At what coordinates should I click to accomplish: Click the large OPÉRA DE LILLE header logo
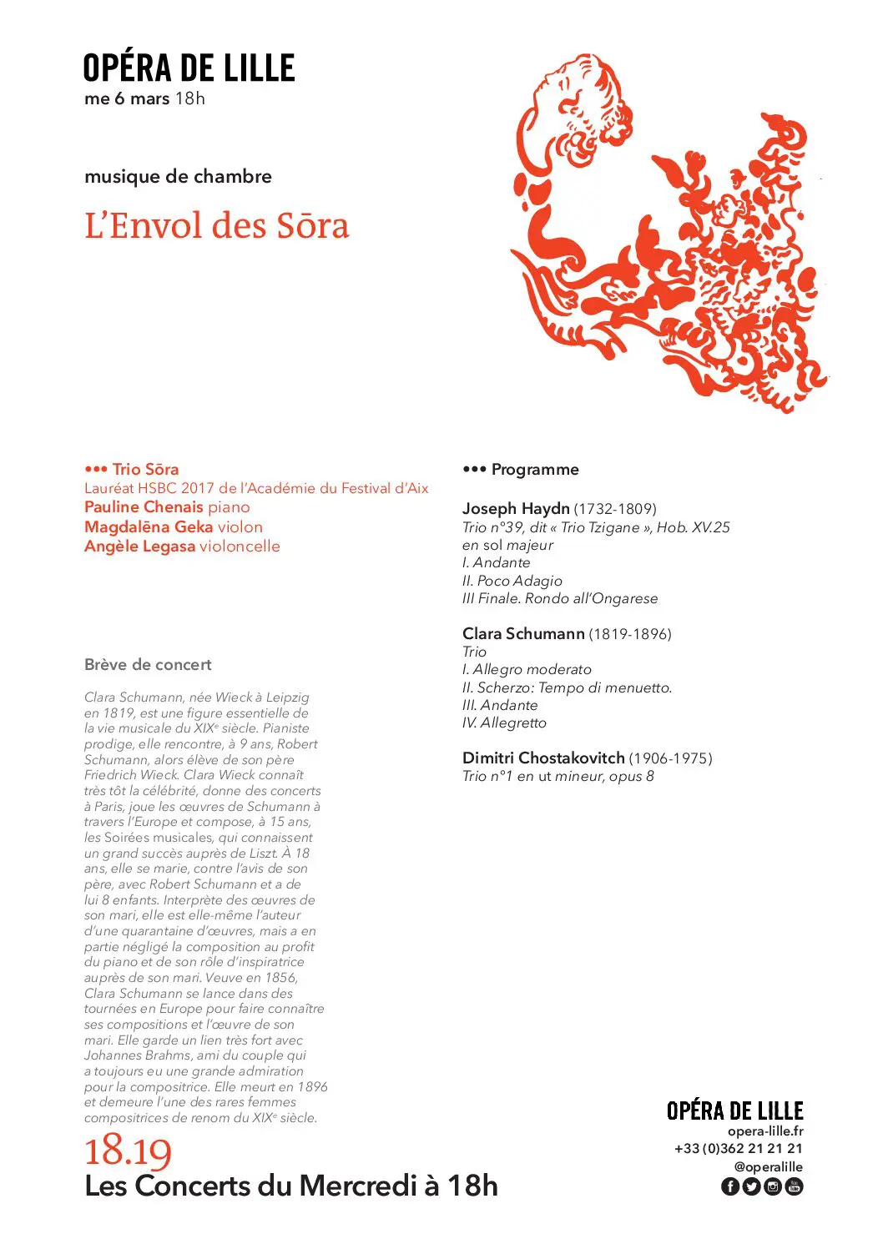[x=189, y=68]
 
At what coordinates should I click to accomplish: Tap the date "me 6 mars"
[x=127, y=98]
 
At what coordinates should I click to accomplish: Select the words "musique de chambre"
[x=178, y=176]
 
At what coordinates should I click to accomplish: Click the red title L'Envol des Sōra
[x=216, y=225]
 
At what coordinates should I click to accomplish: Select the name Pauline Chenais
[x=144, y=507]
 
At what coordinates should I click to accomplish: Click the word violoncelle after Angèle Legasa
[x=240, y=546]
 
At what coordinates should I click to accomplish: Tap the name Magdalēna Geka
[x=149, y=527]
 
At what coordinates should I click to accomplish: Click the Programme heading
[x=534, y=470]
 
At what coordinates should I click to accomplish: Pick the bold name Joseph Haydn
[x=516, y=508]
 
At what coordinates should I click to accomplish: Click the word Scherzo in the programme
[x=503, y=687]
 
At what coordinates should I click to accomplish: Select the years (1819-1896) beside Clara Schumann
[x=630, y=634]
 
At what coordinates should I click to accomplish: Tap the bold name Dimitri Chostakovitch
[x=543, y=758]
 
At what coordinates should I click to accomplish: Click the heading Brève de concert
[x=148, y=665]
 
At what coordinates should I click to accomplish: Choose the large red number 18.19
[x=128, y=1151]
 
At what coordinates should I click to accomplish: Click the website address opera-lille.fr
[x=765, y=1131]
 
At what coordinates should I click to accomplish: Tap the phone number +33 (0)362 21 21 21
[x=739, y=1149]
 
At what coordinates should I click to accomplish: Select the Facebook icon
[x=729, y=1186]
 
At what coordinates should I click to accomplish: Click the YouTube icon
[x=794, y=1186]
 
